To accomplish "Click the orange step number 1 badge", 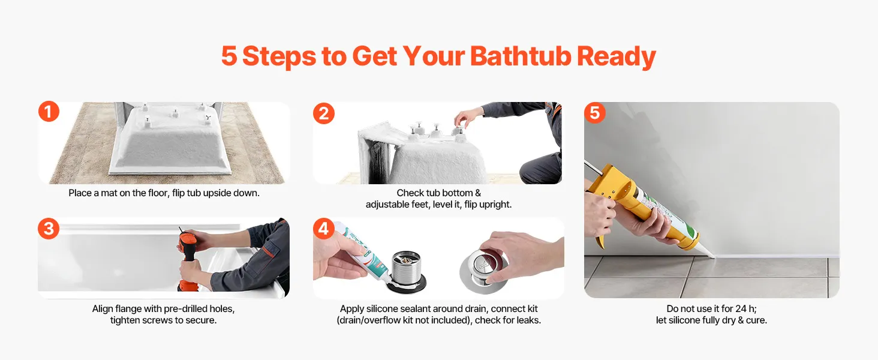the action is point(49,112).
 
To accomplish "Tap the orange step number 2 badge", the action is point(324,113).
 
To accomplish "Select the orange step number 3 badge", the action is point(49,229).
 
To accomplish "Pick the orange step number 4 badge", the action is point(324,228).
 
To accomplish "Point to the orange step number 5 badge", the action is point(594,113).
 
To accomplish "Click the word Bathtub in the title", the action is point(521,56).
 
